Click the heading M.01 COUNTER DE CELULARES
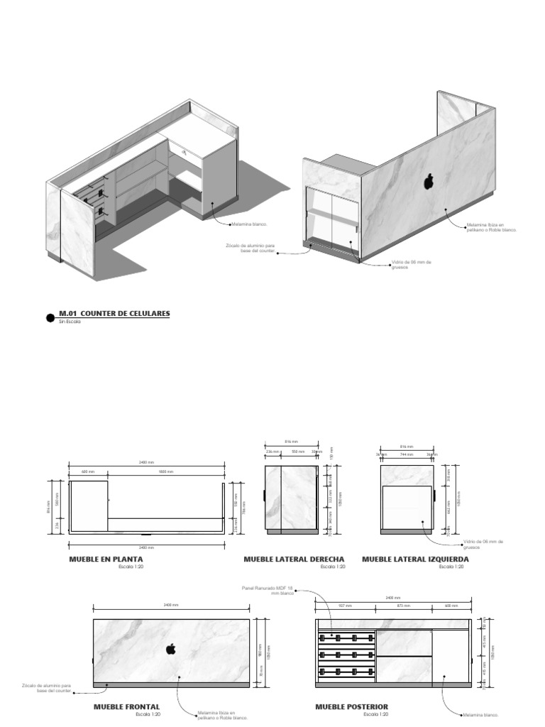click(x=114, y=313)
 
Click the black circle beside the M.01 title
click(x=50, y=318)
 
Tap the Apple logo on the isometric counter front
click(x=429, y=182)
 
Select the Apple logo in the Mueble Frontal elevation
click(x=170, y=648)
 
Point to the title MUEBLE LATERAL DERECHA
click(x=294, y=559)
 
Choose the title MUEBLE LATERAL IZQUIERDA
click(x=415, y=559)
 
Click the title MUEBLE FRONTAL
click(x=126, y=707)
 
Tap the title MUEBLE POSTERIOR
click(x=352, y=707)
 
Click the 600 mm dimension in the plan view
click(x=87, y=471)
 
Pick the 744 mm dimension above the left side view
click(x=406, y=454)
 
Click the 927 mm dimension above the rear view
click(x=346, y=606)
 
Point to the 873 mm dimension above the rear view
click(x=403, y=606)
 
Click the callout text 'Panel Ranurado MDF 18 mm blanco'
click(x=268, y=591)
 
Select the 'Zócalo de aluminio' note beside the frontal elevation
click(x=46, y=688)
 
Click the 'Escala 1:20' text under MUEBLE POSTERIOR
click(x=376, y=714)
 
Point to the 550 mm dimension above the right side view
click(x=299, y=452)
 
